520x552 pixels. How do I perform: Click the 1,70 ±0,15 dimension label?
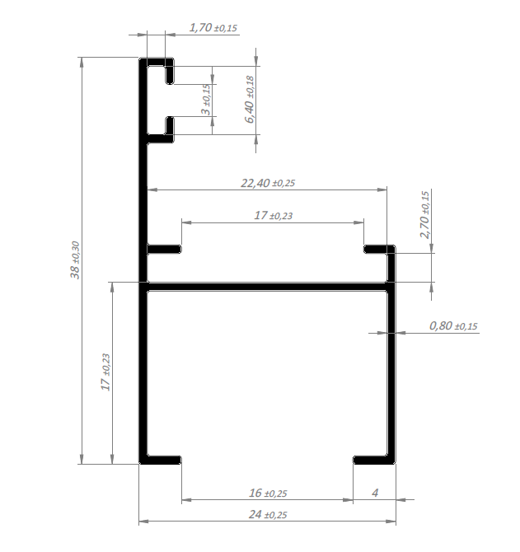click(x=213, y=27)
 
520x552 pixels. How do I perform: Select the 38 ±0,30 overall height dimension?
click(x=75, y=260)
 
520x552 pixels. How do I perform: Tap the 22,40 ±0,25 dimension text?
click(x=268, y=183)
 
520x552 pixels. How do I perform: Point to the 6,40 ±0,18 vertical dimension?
click(x=249, y=99)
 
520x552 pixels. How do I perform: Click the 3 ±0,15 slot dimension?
click(x=206, y=100)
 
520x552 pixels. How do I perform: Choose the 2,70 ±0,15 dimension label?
click(x=425, y=215)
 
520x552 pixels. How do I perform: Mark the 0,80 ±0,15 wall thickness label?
click(x=453, y=326)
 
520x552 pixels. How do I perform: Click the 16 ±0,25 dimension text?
click(x=268, y=493)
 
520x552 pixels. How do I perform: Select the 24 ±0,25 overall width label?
click(x=268, y=515)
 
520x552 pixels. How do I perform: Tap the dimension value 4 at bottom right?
click(x=375, y=493)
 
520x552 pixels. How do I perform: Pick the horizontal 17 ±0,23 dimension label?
click(x=274, y=215)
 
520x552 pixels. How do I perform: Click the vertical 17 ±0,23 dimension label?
click(x=106, y=372)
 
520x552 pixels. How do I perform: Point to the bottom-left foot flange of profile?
click(x=160, y=460)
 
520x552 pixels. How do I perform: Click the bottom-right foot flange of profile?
click(x=374, y=460)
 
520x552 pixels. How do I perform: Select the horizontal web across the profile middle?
click(x=267, y=286)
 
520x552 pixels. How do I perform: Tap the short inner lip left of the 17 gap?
click(x=164, y=250)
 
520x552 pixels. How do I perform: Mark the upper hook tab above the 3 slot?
click(x=170, y=71)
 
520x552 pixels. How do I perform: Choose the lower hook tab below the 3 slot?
click(x=170, y=129)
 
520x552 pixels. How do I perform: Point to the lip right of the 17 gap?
click(x=376, y=250)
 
